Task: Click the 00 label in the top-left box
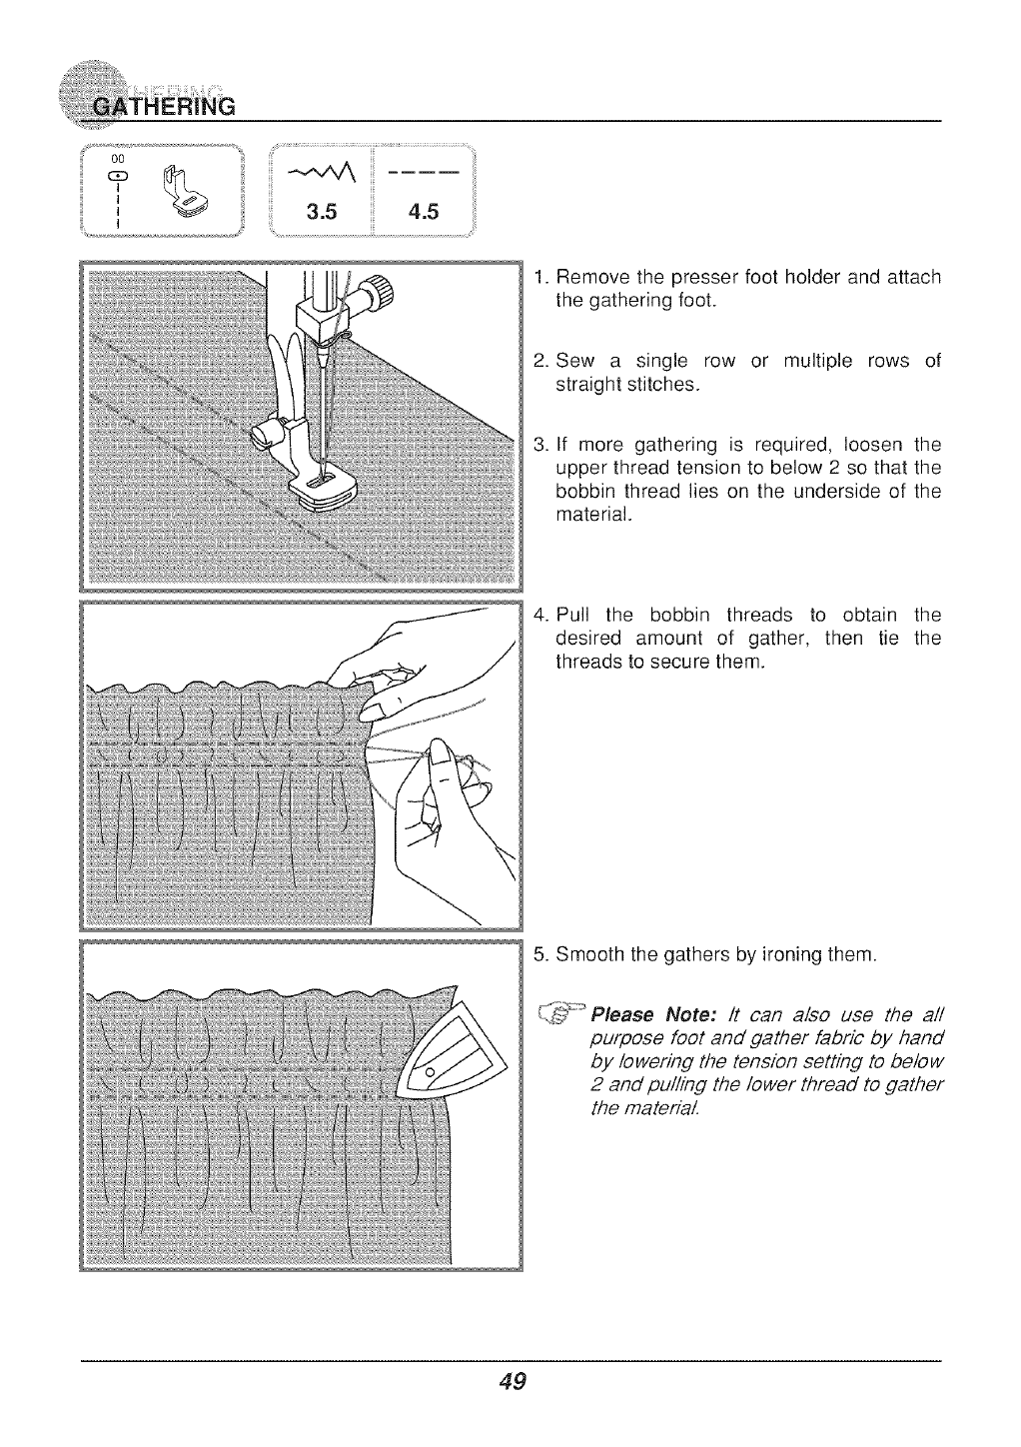118,160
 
